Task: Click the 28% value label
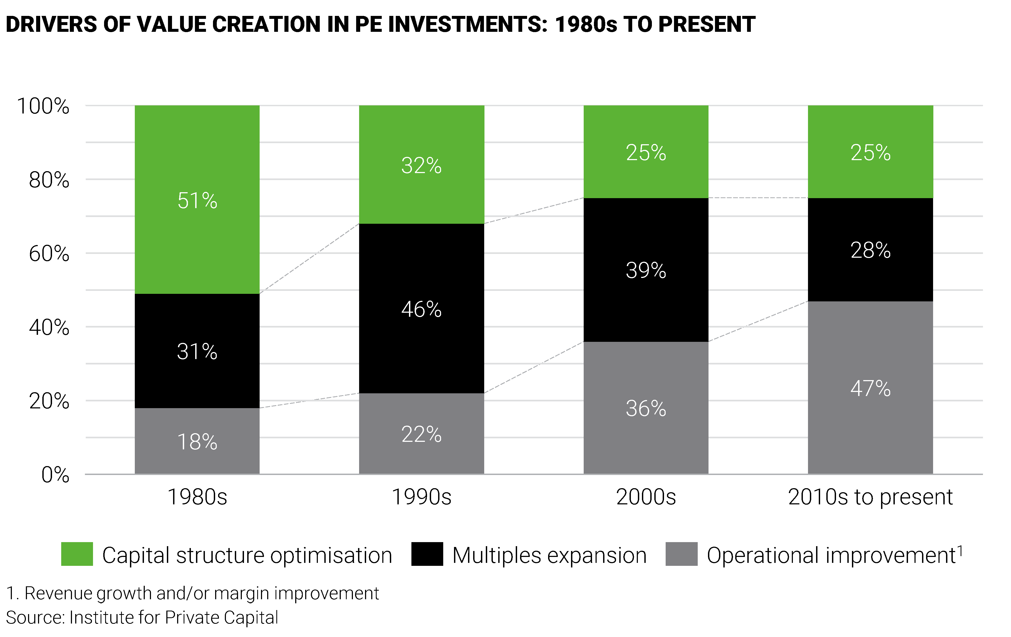[870, 250]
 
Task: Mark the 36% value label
[646, 408]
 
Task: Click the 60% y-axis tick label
[49, 254]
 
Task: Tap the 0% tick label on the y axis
[55, 475]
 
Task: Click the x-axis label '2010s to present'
[870, 497]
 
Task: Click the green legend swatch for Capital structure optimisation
[77, 554]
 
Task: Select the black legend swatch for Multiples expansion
[427, 554]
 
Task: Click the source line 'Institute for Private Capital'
[173, 618]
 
